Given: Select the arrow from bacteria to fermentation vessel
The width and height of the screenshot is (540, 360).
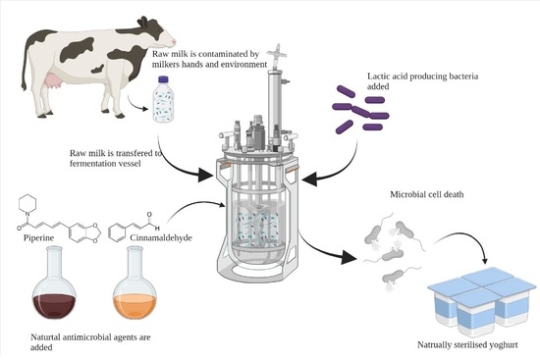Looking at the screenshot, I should pyautogui.click(x=348, y=161).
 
